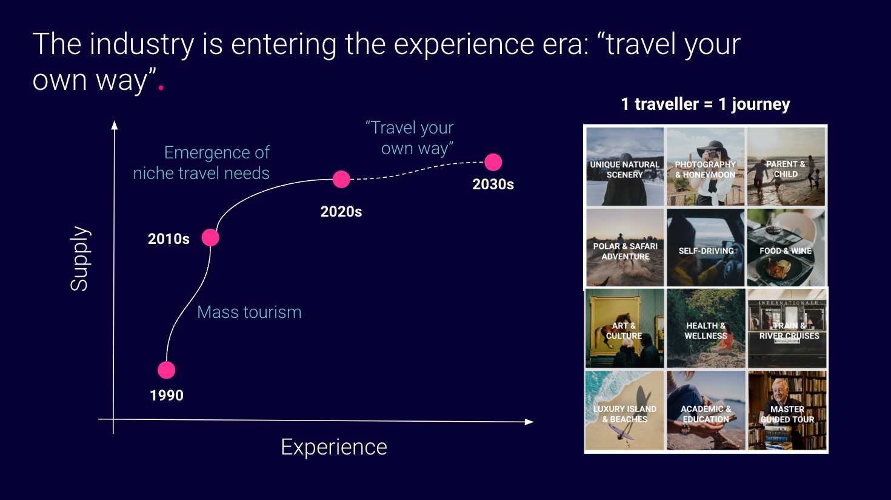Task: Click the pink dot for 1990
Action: point(166,370)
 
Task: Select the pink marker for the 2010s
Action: point(210,238)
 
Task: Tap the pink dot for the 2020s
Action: point(341,179)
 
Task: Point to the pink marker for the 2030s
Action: point(493,162)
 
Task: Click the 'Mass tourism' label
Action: point(249,312)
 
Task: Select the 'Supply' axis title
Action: point(79,258)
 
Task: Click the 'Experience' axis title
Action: point(334,447)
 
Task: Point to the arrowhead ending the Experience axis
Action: point(529,422)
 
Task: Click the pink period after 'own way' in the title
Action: point(161,87)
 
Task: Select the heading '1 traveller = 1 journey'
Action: point(706,104)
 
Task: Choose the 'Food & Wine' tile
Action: point(786,248)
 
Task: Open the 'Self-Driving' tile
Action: point(706,248)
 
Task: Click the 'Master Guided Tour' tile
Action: point(787,410)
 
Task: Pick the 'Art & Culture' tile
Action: point(624,328)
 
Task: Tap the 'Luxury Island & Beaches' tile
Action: point(624,410)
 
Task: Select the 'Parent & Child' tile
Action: point(786,166)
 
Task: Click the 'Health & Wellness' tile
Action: point(706,328)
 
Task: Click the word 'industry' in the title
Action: point(142,45)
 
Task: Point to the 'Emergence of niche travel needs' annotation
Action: point(201,163)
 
